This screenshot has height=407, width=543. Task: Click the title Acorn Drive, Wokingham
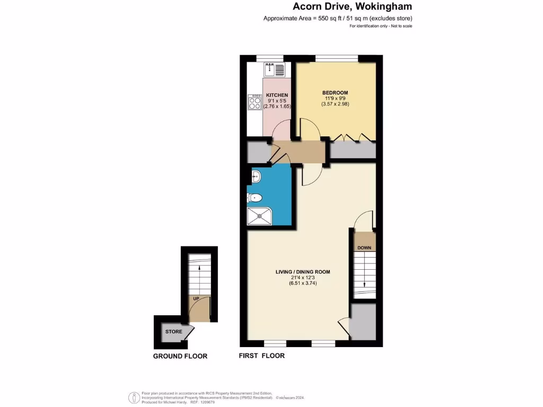coord(352,7)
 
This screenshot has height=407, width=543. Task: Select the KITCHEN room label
coord(277,95)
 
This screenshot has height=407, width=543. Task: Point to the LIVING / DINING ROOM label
coord(302,272)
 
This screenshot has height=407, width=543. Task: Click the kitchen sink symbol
coord(274,68)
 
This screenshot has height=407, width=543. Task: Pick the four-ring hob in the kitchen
coord(254,102)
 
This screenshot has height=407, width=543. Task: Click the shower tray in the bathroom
coord(260,215)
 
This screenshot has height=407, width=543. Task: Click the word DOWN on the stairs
coord(364,248)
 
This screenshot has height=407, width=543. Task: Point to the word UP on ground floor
coord(196,299)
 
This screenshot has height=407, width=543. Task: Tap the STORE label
coord(173,332)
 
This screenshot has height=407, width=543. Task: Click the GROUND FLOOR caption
coord(180,356)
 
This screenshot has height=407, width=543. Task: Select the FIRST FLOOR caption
coord(262,356)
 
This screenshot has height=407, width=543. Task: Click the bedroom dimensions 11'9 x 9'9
coord(335,98)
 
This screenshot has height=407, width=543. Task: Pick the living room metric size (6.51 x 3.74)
coord(302,284)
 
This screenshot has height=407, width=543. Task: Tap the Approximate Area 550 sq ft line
coord(338,19)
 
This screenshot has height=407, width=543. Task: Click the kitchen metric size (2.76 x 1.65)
coord(277,107)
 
